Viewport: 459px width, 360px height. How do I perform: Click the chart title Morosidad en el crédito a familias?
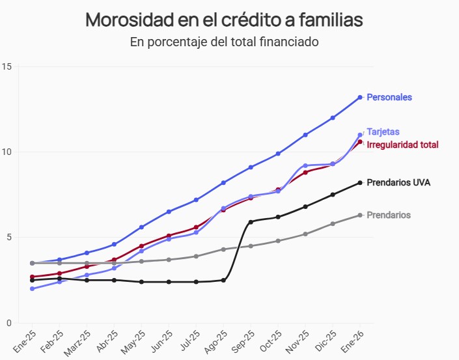224,20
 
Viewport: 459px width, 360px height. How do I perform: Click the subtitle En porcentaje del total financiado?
224,43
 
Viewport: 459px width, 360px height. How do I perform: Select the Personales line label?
389,97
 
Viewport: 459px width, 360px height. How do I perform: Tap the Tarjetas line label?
383,132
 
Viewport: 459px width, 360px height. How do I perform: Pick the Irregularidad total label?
402,145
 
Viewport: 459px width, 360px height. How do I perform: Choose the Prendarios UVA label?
398,182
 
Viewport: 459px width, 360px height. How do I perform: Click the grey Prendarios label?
389,215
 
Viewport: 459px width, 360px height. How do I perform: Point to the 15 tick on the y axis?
7,66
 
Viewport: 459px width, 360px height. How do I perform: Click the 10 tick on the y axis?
7,152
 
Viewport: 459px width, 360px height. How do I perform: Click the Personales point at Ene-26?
360,98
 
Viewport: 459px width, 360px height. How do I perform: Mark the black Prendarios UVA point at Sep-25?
251,222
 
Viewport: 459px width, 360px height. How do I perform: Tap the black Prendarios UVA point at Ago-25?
223,280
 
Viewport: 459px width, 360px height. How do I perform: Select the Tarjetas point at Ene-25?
32,288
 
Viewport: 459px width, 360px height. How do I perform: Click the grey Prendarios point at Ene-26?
360,215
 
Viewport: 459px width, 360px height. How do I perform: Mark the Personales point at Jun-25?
169,212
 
